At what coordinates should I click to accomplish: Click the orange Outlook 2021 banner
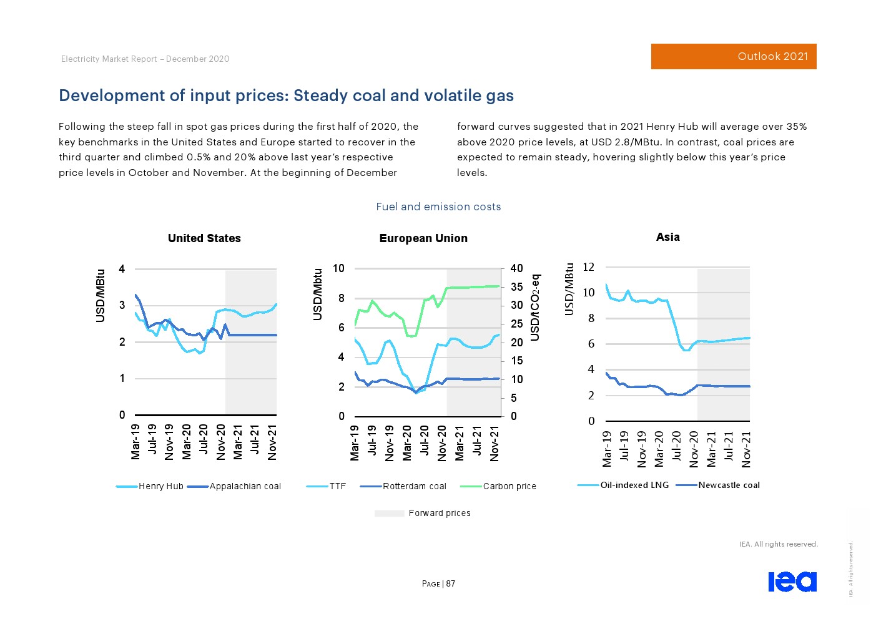[x=734, y=56]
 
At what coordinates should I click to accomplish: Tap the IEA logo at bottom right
[x=792, y=582]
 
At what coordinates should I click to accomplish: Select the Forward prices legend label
[x=439, y=513]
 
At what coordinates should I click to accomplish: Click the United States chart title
[x=204, y=238]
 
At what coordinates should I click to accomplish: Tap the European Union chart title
[x=423, y=238]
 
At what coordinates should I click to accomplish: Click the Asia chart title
[x=667, y=237]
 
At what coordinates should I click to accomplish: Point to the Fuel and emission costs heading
[x=438, y=207]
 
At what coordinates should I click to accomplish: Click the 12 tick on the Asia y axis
[x=588, y=267]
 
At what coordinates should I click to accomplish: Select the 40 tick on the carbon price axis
[x=516, y=268]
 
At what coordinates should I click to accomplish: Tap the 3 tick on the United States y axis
[x=122, y=305]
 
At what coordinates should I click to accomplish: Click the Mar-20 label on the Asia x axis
[x=659, y=449]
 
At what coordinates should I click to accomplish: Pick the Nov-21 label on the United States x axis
[x=272, y=443]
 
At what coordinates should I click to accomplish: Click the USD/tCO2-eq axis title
[x=535, y=307]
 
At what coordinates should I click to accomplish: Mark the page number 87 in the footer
[x=451, y=584]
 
